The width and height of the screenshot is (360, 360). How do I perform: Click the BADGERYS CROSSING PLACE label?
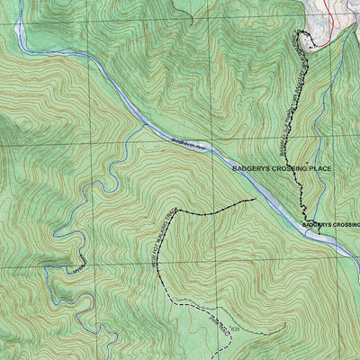(x=282, y=168)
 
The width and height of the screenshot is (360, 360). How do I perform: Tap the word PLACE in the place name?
(x=318, y=168)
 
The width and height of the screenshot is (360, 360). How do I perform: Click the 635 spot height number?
(x=236, y=331)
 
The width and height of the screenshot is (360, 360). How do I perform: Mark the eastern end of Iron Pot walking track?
(x=253, y=199)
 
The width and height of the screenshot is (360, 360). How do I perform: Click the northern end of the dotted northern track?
(x=298, y=34)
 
